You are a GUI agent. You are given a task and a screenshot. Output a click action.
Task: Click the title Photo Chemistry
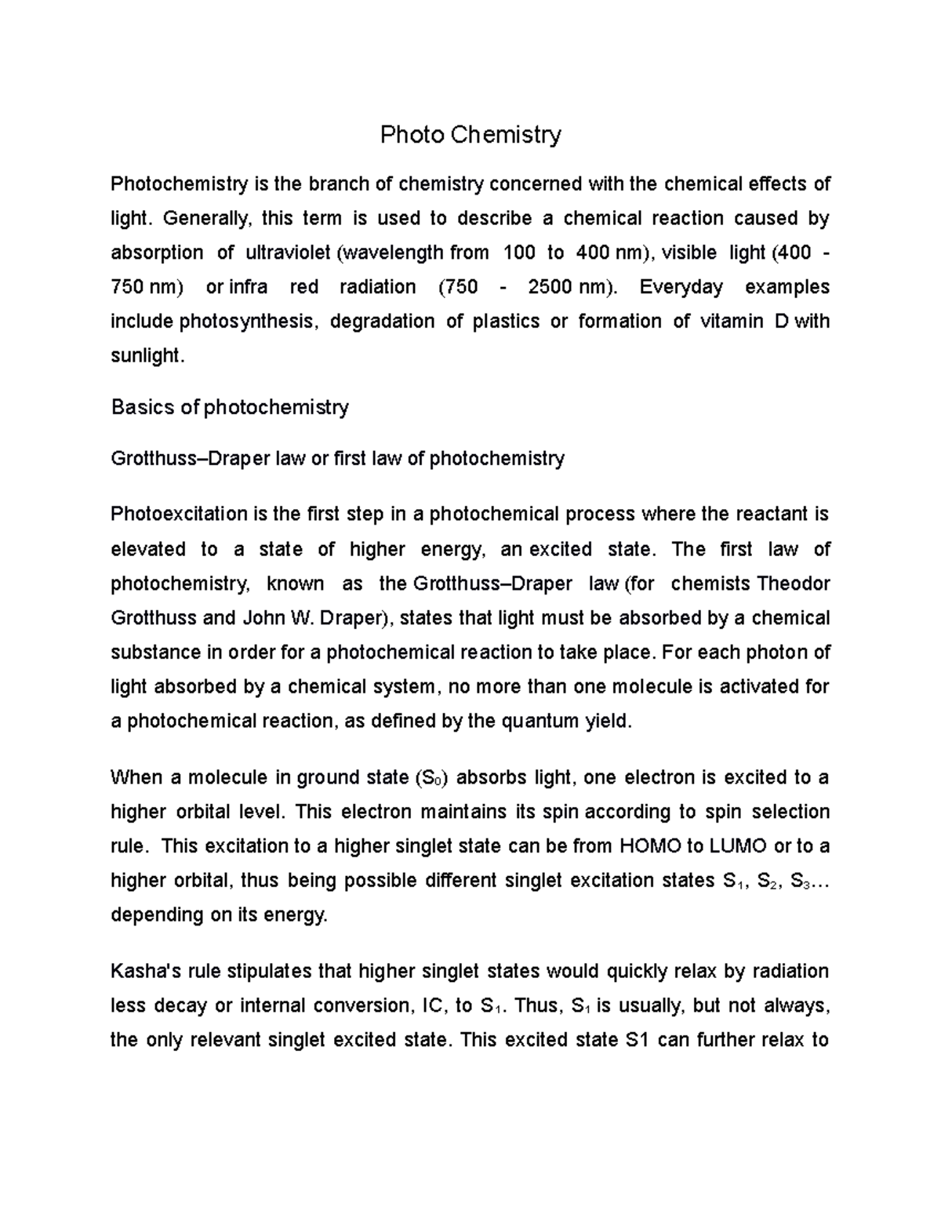click(470, 135)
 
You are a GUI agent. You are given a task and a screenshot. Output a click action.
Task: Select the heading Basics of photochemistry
click(230, 408)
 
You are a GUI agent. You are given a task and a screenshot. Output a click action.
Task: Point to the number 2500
click(550, 287)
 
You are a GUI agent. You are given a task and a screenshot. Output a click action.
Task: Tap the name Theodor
click(793, 584)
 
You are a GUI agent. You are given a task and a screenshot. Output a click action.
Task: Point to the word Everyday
click(681, 287)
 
